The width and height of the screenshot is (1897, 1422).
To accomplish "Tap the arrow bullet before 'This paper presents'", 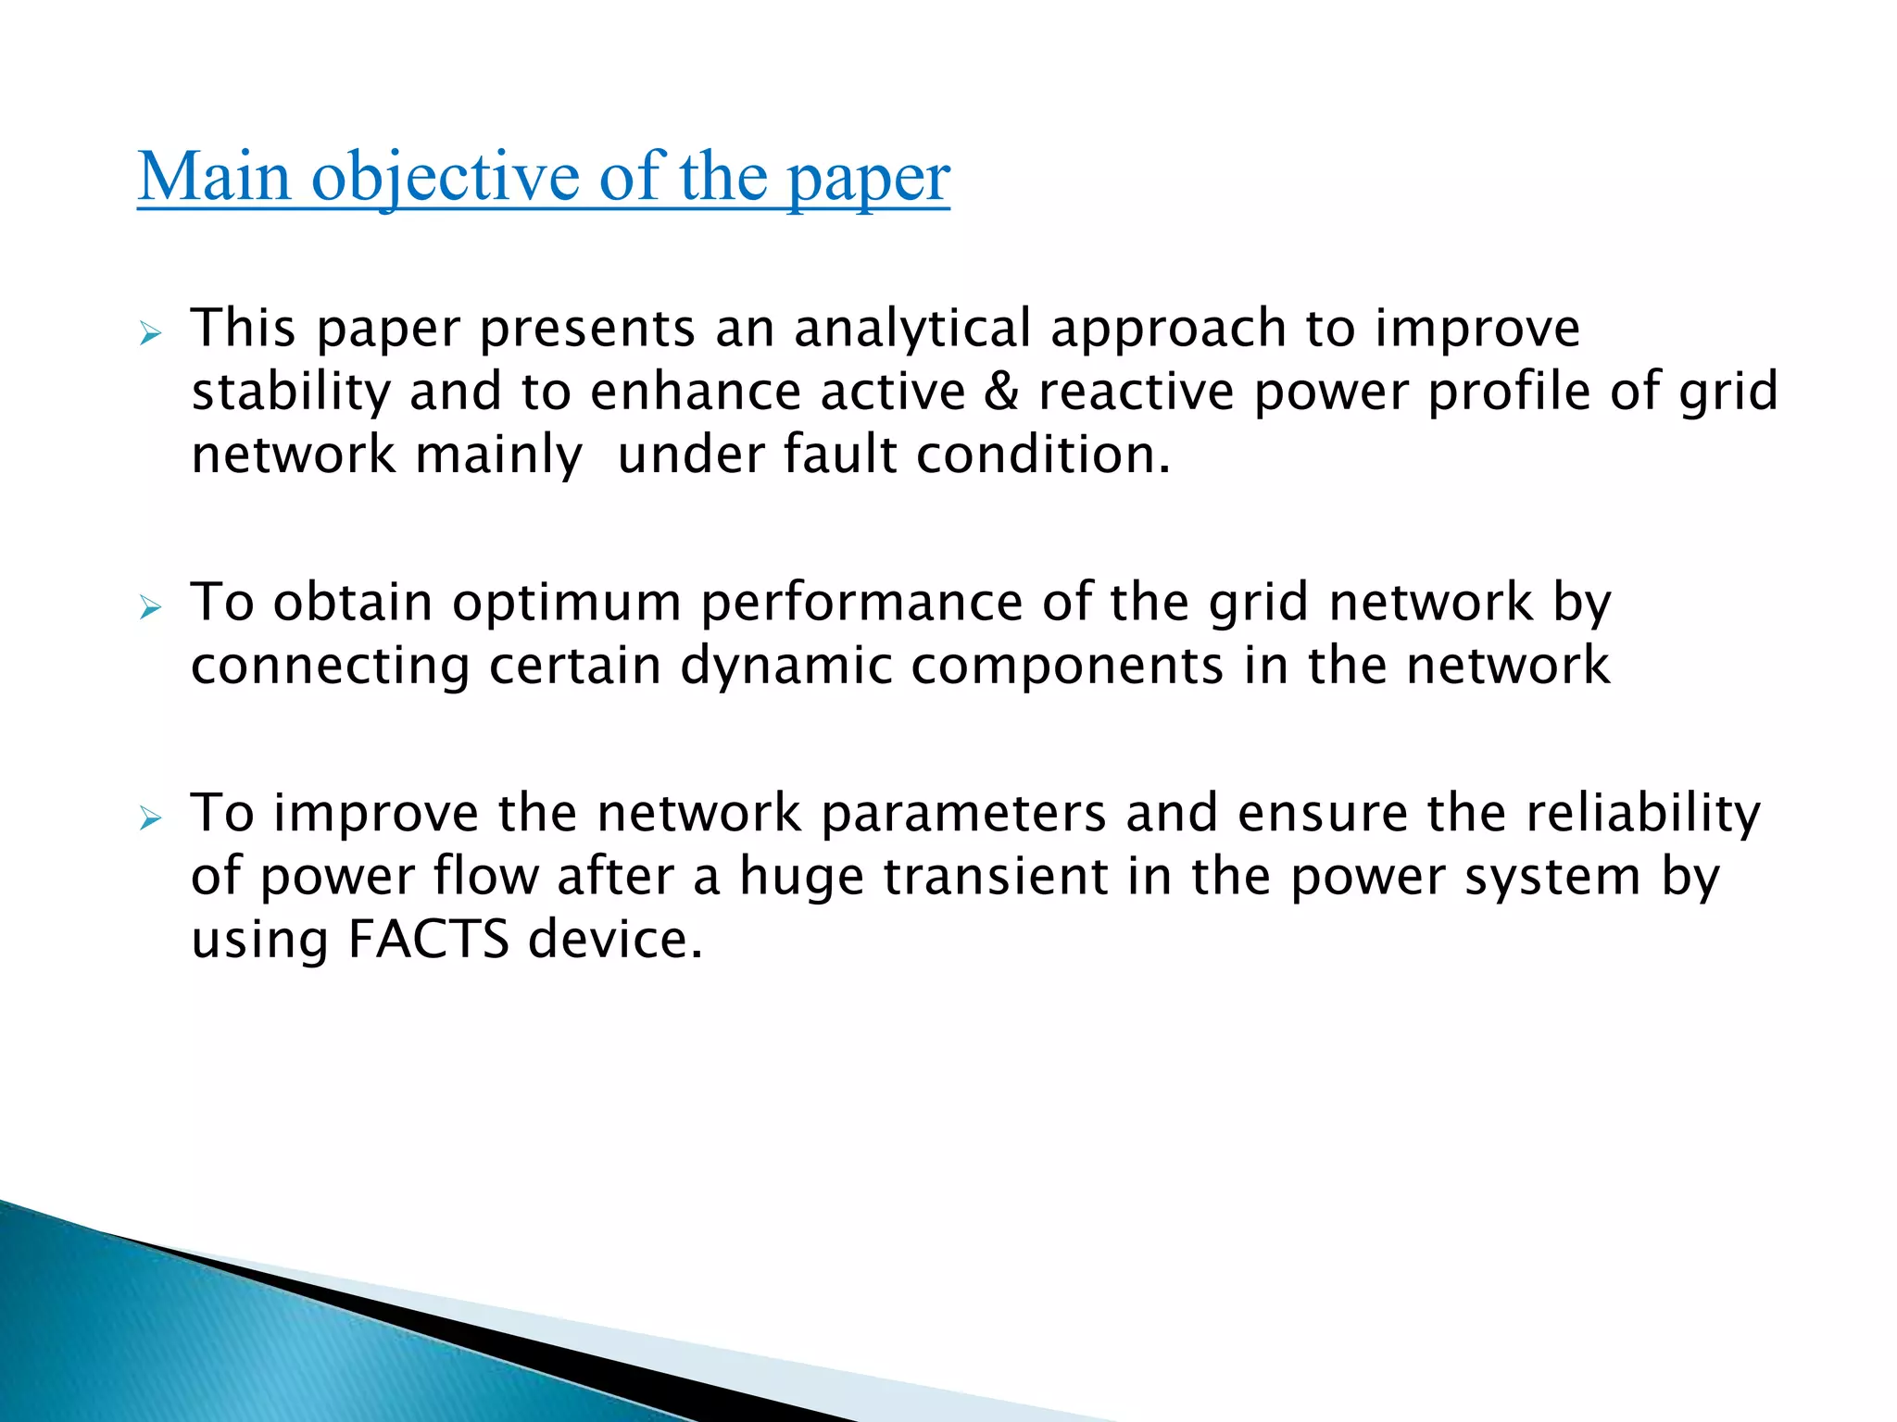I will [x=150, y=333].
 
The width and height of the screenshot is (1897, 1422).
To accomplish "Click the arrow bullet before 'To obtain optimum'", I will [x=150, y=607].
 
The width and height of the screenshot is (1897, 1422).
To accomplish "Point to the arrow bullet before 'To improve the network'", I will [x=150, y=818].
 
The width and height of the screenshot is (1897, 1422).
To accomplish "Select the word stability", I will [x=291, y=393].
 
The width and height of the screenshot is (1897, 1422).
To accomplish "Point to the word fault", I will [x=840, y=455].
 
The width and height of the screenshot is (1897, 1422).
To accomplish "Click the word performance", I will [x=861, y=604].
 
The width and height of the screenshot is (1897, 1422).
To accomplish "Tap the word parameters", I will [x=963, y=814].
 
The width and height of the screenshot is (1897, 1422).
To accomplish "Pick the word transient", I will [x=995, y=877].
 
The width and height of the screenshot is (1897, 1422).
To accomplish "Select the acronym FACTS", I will [x=429, y=940].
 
